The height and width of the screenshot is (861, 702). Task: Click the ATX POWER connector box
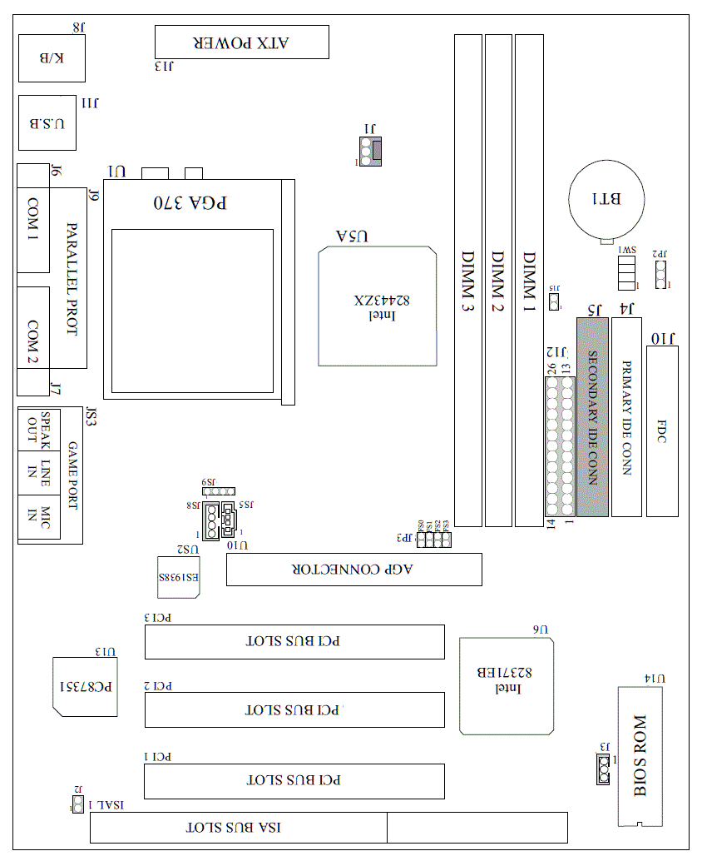(x=241, y=42)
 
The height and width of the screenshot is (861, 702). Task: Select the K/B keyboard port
(x=51, y=57)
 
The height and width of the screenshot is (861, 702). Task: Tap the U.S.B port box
(x=47, y=122)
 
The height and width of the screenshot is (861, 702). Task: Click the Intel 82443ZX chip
(x=378, y=306)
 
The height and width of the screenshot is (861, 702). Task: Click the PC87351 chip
(x=87, y=686)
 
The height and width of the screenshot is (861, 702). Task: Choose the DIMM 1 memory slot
(x=528, y=281)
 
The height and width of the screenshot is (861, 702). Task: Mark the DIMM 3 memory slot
(x=468, y=281)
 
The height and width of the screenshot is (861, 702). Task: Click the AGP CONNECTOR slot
(x=353, y=570)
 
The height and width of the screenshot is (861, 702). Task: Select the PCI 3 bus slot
(x=294, y=641)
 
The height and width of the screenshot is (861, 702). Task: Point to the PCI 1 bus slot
(x=294, y=780)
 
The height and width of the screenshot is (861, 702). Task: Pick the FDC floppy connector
(x=662, y=431)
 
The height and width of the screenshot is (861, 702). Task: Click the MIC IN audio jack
(x=39, y=517)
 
